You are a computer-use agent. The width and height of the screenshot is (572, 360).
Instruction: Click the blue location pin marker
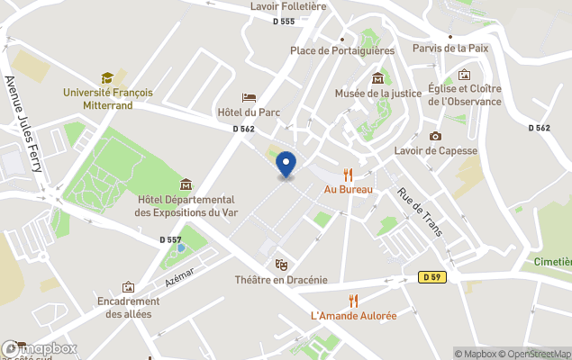286,165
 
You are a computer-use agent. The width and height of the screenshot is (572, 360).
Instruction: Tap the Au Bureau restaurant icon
348,175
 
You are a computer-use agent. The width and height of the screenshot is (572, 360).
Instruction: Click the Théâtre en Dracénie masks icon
281,265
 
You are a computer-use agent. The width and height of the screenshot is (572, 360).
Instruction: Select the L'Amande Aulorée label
353,316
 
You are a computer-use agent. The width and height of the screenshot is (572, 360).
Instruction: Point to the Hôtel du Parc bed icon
250,97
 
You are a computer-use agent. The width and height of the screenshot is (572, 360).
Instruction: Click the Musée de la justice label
377,93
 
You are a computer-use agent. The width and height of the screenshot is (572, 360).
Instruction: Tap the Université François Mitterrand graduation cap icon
107,78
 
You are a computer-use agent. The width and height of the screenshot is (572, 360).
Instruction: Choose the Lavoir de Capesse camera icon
436,136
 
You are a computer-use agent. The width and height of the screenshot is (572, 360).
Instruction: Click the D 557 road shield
170,239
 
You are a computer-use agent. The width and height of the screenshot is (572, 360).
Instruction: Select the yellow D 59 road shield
431,277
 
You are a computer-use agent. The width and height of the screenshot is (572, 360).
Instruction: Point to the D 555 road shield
284,22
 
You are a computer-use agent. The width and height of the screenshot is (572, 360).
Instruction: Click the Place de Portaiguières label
342,50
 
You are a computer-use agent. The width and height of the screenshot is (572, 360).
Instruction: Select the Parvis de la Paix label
449,48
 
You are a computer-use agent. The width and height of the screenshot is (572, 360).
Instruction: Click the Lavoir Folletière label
287,6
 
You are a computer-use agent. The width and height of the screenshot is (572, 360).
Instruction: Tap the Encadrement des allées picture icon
128,287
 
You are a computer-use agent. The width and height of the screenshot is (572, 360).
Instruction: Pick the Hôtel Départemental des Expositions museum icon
186,184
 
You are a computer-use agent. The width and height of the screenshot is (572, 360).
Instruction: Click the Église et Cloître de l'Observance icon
465,75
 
